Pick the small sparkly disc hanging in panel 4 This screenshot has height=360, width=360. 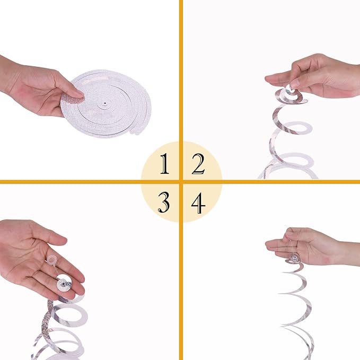pyautogui.click(x=293, y=259)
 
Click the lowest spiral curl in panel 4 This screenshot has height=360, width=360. pyautogui.click(x=294, y=347)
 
